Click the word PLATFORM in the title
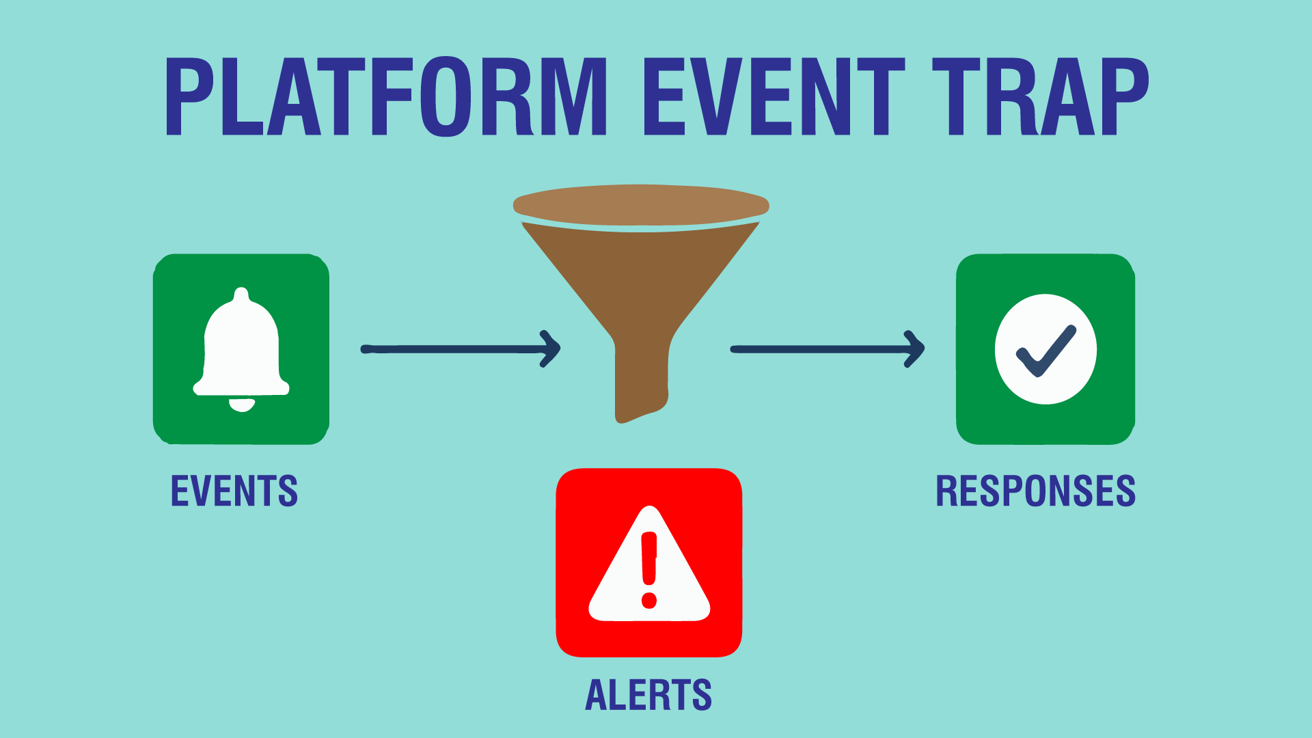[x=386, y=97]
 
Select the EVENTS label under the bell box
[x=234, y=491]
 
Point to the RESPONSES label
[x=1035, y=491]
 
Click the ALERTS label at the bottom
[x=648, y=695]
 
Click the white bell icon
[x=241, y=348]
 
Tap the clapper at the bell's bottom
[x=241, y=405]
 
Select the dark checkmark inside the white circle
[x=1046, y=351]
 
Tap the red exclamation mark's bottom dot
[x=649, y=601]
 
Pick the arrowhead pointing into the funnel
[x=552, y=349]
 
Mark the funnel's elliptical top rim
[x=641, y=204]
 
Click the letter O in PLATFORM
[x=446, y=97]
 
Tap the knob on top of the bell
[x=241, y=295]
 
